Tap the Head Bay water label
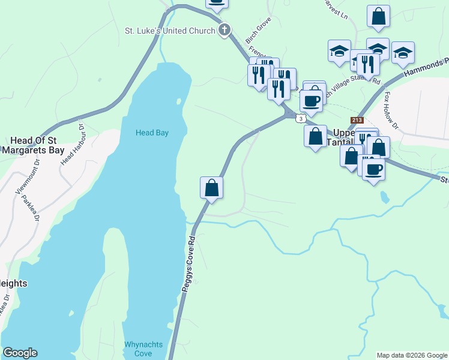pyautogui.click(x=152, y=133)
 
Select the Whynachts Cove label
pyautogui.click(x=138, y=349)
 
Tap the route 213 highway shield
pyautogui.click(x=358, y=121)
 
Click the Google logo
pyautogui.click(x=20, y=353)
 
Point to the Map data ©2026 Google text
pyautogui.click(x=411, y=355)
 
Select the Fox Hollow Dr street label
pyautogui.click(x=391, y=110)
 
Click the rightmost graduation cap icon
pyautogui.click(x=403, y=52)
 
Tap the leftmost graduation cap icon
pyautogui.click(x=339, y=50)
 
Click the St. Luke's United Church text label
pyautogui.click(x=169, y=30)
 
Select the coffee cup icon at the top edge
pyautogui.click(x=217, y=3)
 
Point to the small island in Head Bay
pyautogui.click(x=178, y=101)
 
